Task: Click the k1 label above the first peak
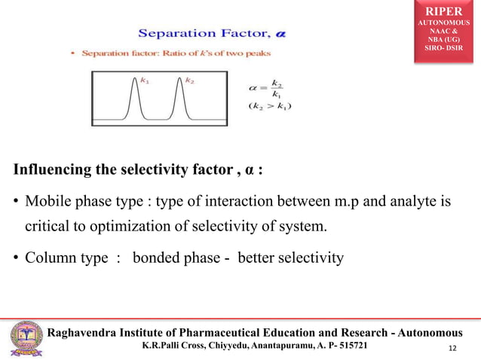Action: [x=143, y=79]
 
